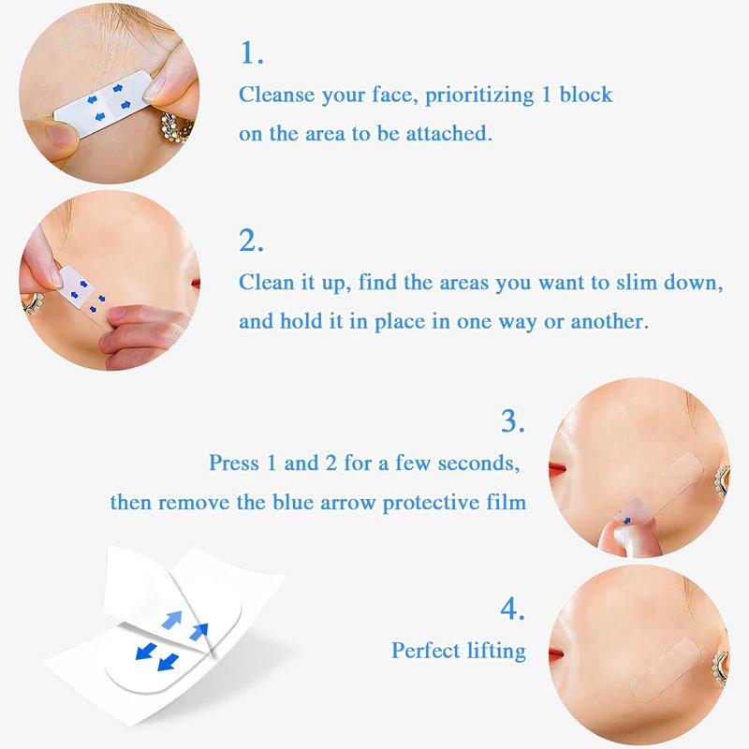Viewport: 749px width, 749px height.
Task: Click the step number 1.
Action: point(251,52)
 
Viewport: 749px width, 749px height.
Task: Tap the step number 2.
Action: point(251,241)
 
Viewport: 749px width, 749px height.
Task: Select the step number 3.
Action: point(512,420)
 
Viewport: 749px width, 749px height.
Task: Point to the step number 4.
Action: point(512,609)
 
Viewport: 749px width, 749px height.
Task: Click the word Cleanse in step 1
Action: point(276,95)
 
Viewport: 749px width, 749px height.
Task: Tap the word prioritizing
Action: point(479,95)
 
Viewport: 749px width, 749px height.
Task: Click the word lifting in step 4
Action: point(496,651)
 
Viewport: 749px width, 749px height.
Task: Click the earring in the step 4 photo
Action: point(720,667)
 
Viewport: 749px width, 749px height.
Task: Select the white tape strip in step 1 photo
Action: point(103,102)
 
